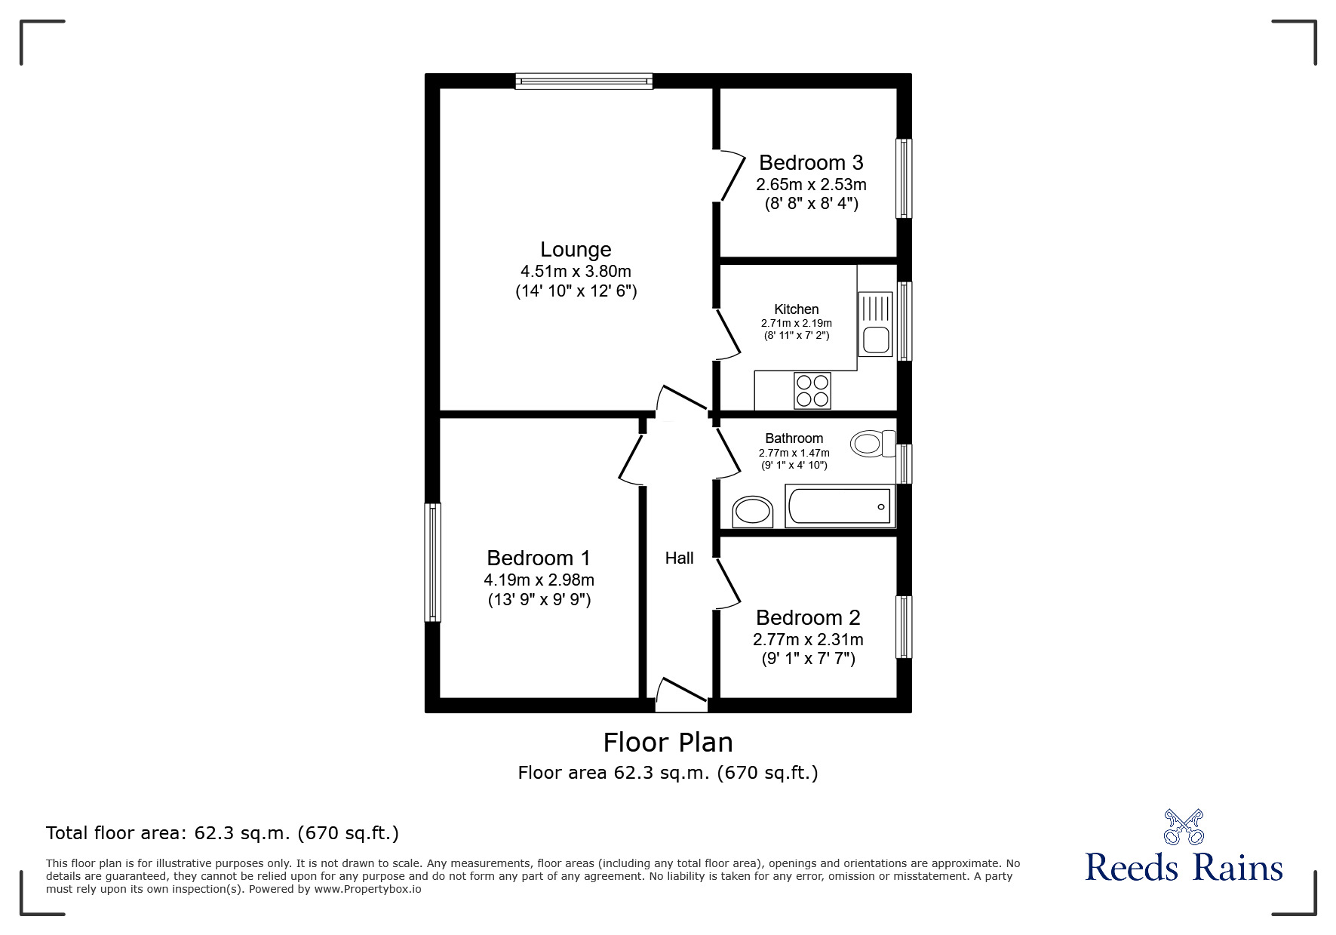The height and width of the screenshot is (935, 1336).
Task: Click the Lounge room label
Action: (576, 249)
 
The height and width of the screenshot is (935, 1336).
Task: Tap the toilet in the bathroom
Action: (871, 443)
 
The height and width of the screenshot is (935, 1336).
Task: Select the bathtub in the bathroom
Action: (838, 506)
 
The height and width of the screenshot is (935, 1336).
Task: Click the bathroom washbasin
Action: (752, 512)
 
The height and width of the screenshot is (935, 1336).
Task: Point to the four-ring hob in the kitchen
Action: (812, 390)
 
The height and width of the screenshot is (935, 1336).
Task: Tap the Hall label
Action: (679, 558)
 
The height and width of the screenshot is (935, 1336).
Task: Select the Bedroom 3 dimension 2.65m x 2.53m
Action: (811, 184)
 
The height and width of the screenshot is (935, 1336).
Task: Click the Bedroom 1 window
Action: (432, 562)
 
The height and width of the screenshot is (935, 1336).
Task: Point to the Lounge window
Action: (584, 81)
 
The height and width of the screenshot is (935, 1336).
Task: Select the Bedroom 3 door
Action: (729, 175)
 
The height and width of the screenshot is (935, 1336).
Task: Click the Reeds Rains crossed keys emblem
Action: (1184, 827)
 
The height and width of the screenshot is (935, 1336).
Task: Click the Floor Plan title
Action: (668, 743)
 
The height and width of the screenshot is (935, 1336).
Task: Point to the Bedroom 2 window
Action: (903, 626)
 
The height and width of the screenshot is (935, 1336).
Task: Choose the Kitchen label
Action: (796, 309)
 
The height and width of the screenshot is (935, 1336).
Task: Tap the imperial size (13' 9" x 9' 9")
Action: (539, 600)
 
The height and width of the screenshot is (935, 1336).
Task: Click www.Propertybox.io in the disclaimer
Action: (368, 889)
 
